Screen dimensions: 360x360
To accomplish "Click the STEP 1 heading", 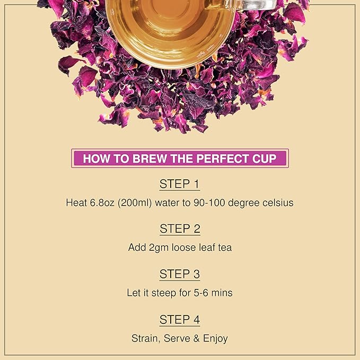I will (x=180, y=185).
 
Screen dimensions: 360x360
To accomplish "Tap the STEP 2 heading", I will (x=180, y=229).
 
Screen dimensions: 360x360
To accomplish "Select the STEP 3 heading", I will (x=180, y=274).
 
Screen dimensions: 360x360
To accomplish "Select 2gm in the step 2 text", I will (x=157, y=248).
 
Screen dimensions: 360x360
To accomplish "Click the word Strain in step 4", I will (x=145, y=338).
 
